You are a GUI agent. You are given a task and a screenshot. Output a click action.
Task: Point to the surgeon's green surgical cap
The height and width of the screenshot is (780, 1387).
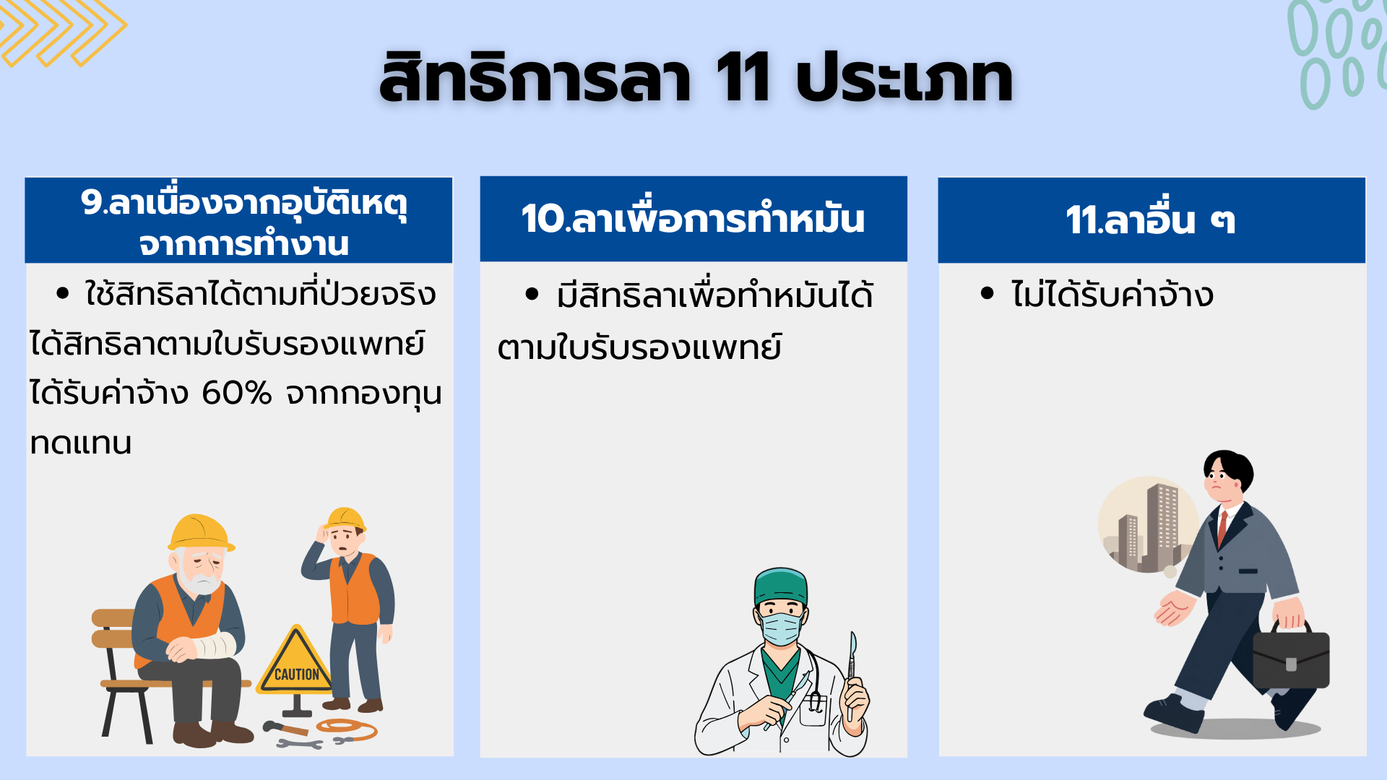[x=780, y=586]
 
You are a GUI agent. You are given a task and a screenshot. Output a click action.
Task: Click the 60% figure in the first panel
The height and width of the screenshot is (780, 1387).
[x=236, y=393]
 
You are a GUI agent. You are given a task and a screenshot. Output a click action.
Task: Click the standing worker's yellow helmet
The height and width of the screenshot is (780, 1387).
[x=345, y=519]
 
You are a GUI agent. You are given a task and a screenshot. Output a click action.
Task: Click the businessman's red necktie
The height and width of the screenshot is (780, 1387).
[x=1222, y=529]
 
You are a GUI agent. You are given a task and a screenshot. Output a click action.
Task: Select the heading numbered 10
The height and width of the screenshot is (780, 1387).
[x=693, y=218]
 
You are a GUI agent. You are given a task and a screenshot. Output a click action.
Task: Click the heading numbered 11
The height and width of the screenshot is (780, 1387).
[x=1150, y=220]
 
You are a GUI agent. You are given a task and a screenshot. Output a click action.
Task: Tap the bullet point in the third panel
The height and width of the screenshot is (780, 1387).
[x=988, y=293]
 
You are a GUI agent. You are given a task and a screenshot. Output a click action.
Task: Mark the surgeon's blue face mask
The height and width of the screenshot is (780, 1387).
[x=780, y=627]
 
